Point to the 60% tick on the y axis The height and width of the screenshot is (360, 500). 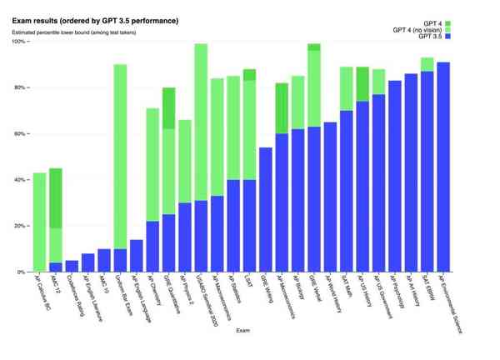coord(21,133)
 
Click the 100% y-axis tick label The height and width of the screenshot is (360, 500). coord(18,42)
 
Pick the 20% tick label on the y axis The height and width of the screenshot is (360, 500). coord(21,226)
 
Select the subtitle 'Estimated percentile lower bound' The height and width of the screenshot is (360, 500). coord(75,32)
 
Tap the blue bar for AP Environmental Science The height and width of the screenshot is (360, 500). coord(443,167)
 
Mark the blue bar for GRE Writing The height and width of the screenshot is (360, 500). coord(266,209)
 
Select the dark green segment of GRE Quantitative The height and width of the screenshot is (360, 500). coord(168,108)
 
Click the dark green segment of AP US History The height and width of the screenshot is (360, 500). coord(362,84)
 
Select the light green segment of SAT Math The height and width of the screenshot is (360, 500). coord(346,88)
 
